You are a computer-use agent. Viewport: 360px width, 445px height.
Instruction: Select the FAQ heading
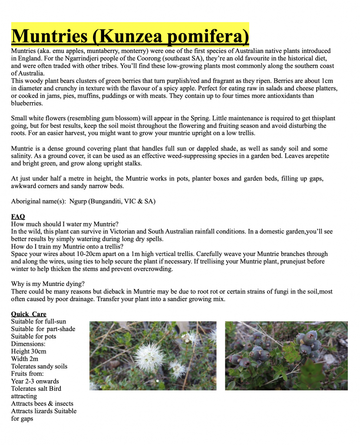pyautogui.click(x=18, y=216)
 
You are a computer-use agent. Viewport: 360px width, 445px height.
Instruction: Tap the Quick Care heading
pyautogui.click(x=29, y=314)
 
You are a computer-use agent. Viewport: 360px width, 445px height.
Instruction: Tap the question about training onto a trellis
pyautogui.click(x=61, y=246)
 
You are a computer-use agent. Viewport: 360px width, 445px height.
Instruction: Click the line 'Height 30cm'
pyautogui.click(x=29, y=352)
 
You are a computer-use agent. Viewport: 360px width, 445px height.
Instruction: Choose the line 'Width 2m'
pyautogui.click(x=25, y=359)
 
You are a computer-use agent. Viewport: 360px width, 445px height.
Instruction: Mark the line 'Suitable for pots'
pyautogui.click(x=33, y=336)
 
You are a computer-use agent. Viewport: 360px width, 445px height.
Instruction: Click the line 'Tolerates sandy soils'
pyautogui.click(x=39, y=366)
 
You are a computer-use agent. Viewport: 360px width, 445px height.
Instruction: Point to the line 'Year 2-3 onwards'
pyautogui.click(x=35, y=381)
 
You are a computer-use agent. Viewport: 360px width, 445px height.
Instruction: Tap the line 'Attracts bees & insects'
pyautogui.click(x=42, y=404)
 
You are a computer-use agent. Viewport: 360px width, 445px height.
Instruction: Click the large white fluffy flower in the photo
pyautogui.click(x=149, y=356)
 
